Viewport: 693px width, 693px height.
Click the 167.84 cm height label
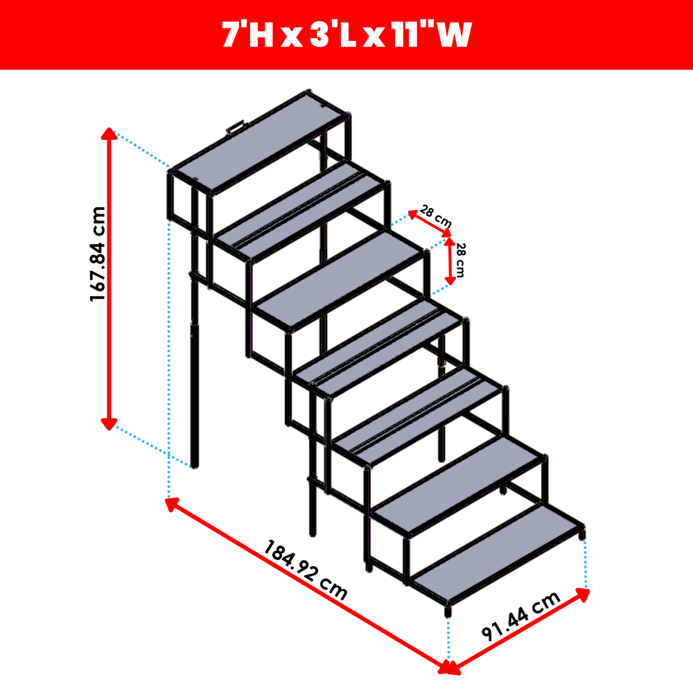pos(98,254)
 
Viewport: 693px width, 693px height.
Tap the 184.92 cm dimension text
pos(306,570)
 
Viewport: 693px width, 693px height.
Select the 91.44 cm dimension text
pos(521,615)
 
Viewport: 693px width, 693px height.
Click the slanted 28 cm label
pos(436,216)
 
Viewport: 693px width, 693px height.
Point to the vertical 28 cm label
pos(461,260)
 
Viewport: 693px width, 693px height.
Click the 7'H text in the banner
pos(247,35)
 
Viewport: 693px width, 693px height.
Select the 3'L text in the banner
pos(333,35)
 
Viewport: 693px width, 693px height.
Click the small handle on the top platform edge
pos(236,128)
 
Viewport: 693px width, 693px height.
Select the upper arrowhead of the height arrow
pos(109,134)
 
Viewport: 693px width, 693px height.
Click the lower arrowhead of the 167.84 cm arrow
pos(109,424)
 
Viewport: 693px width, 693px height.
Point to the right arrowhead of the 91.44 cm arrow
pos(583,595)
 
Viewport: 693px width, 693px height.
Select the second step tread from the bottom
pos(458,485)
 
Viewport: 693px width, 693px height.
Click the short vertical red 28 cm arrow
pos(450,261)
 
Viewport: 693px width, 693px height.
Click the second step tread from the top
pos(299,211)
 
